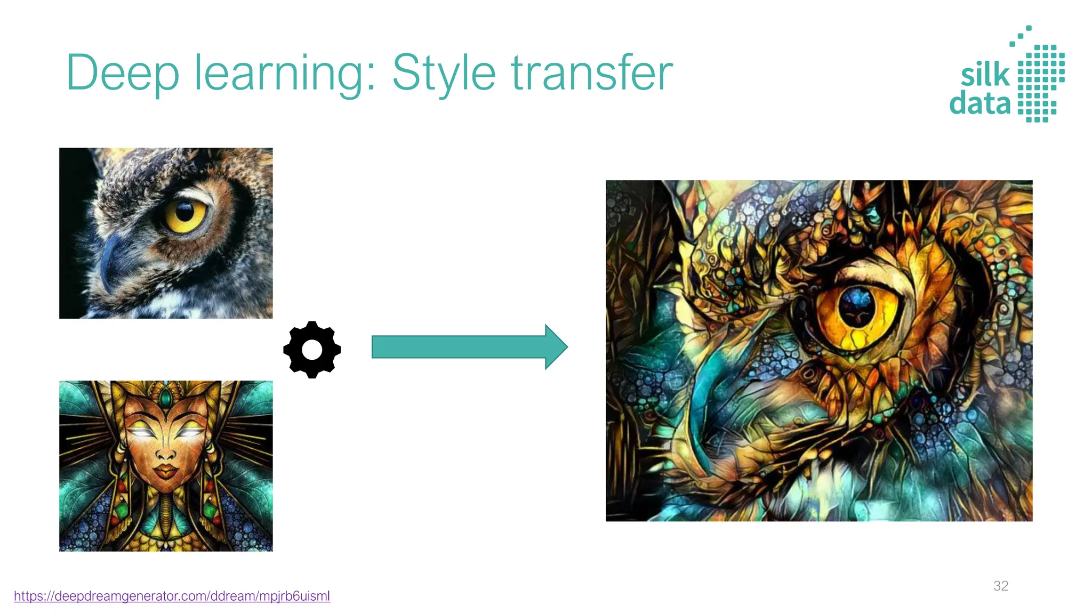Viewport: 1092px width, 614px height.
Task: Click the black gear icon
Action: (x=312, y=350)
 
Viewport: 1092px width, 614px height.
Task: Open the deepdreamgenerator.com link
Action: (x=172, y=596)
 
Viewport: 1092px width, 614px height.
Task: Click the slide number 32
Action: (x=1001, y=586)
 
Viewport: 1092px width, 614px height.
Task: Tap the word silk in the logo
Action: (x=985, y=75)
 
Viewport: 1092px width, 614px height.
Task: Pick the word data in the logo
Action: (x=980, y=103)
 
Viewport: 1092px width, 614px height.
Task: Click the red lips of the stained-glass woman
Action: (x=166, y=472)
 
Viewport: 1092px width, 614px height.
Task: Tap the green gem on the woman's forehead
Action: (x=166, y=398)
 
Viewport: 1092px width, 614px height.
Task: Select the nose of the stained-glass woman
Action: (x=166, y=453)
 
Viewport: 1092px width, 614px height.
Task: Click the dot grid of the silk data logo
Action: (x=1040, y=83)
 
